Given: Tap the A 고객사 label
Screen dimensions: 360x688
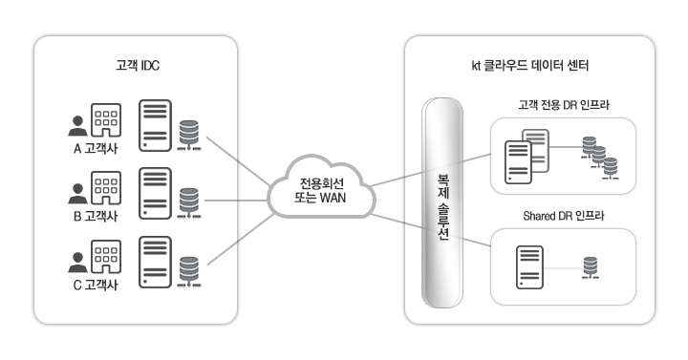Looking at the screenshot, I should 88,148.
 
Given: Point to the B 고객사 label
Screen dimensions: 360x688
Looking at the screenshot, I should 88,216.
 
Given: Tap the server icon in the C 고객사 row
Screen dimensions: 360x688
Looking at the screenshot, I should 156,261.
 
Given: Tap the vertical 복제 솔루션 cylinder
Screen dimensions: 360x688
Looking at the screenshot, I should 443,204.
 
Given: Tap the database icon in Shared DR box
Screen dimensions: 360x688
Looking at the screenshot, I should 592,268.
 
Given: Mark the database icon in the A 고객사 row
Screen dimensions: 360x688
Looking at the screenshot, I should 189,132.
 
